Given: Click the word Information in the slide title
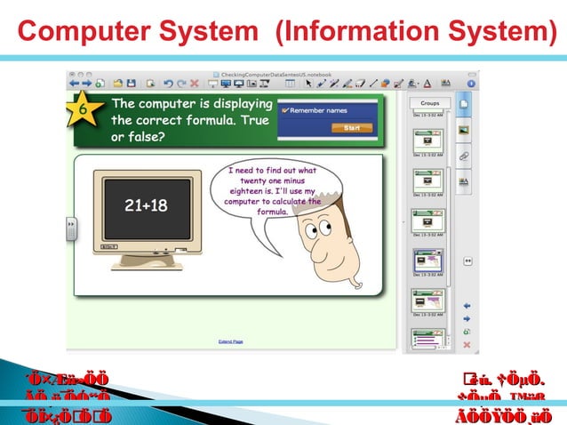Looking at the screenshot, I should point(365,33).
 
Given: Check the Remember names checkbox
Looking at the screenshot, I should point(284,111).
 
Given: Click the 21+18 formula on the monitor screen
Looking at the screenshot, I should point(146,206).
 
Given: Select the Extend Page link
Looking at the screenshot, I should point(230,341).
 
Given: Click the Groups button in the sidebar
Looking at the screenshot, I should point(430,103).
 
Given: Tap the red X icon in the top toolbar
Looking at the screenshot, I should point(194,84).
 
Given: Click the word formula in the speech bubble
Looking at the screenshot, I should point(273,212).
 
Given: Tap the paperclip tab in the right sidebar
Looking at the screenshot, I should point(463,155).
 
